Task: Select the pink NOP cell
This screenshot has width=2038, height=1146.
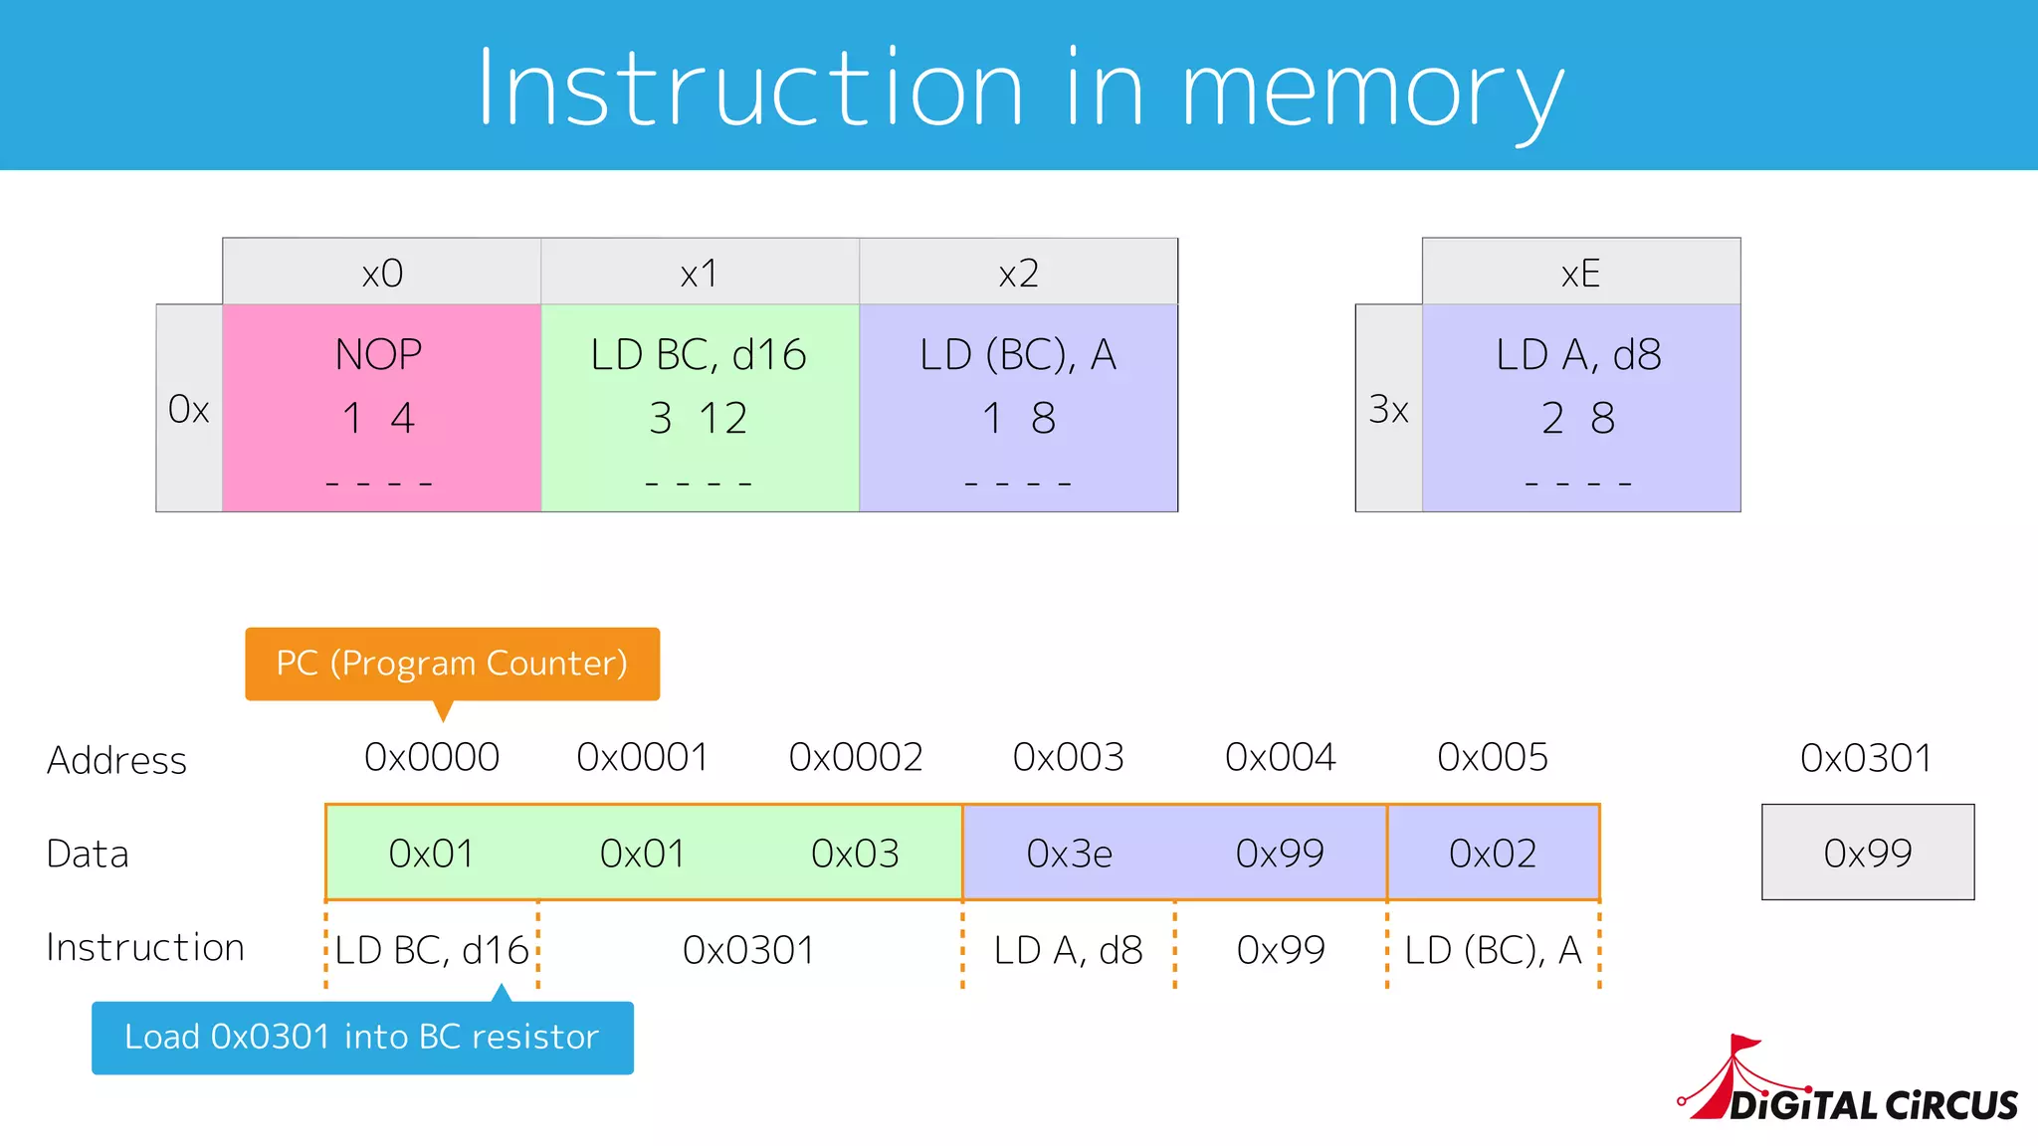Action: [381, 408]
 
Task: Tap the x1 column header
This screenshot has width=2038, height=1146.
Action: [700, 273]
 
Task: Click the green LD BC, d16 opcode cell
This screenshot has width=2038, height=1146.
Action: [700, 408]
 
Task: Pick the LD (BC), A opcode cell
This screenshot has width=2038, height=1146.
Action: [1018, 408]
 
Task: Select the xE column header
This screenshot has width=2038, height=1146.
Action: [1580, 273]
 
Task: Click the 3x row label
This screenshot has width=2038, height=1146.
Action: [1388, 409]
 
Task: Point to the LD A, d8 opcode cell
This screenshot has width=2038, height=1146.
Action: [1580, 408]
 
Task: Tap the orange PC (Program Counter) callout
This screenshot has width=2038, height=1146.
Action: [452, 664]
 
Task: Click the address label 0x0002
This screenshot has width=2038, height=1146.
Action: [856, 758]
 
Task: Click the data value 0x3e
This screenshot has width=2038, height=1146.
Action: [1069, 854]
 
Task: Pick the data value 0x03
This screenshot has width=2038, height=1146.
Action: [855, 854]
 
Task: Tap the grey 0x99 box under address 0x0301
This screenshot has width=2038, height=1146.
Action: [1868, 853]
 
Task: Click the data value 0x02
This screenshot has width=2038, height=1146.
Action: [1493, 854]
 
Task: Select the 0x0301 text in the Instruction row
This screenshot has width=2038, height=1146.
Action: [748, 950]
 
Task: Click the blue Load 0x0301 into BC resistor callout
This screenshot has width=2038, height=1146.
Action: [362, 1038]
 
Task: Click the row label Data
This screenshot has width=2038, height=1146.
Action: [88, 855]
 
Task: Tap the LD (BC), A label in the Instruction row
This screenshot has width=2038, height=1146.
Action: [1493, 950]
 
